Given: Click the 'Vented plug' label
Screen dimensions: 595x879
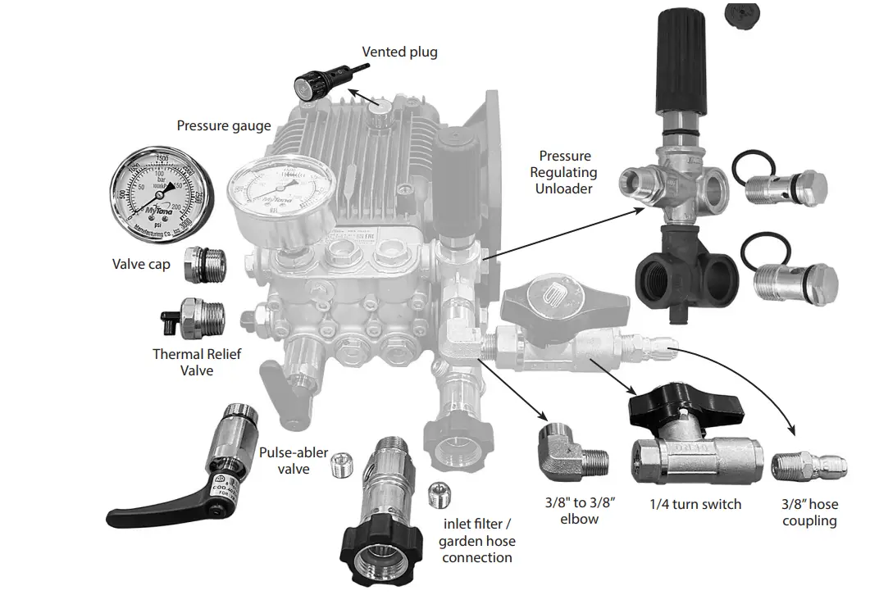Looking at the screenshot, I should point(400,52).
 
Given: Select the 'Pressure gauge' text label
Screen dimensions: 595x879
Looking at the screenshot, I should point(224,125).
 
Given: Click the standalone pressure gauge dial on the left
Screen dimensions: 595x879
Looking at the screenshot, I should point(162,189).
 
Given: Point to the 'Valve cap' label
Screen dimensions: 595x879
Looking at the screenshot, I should point(141,264).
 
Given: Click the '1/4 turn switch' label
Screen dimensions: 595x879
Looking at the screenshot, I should point(695,504).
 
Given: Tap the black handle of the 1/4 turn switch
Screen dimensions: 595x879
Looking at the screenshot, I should point(685,406).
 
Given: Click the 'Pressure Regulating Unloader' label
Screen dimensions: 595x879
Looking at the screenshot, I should point(564,172).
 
